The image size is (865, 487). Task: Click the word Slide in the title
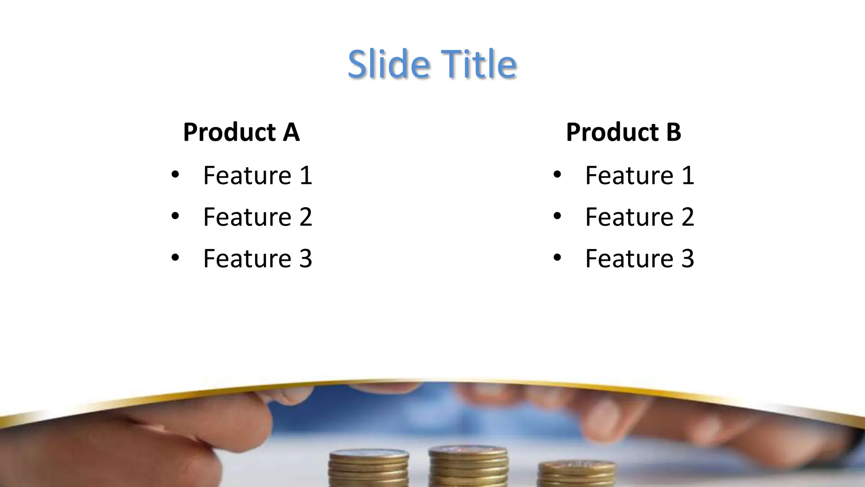[388, 64]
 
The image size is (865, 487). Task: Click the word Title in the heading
[479, 64]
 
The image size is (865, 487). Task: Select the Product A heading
[241, 132]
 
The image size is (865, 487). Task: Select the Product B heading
[623, 132]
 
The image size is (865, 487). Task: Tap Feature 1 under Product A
[257, 175]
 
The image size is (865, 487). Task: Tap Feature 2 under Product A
[257, 217]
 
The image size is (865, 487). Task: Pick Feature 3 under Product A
[257, 258]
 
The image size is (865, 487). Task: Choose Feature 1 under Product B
[639, 175]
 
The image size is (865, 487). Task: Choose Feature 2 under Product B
[639, 217]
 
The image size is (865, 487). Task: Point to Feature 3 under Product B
[639, 258]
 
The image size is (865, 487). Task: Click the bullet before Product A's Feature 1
[175, 174]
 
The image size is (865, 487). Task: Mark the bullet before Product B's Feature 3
[557, 257]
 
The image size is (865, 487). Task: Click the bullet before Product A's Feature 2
[175, 216]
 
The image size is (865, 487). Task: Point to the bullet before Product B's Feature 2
[557, 216]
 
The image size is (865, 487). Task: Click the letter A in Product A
[291, 132]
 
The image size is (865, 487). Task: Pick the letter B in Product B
[673, 132]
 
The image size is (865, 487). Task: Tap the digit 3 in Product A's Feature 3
[305, 258]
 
